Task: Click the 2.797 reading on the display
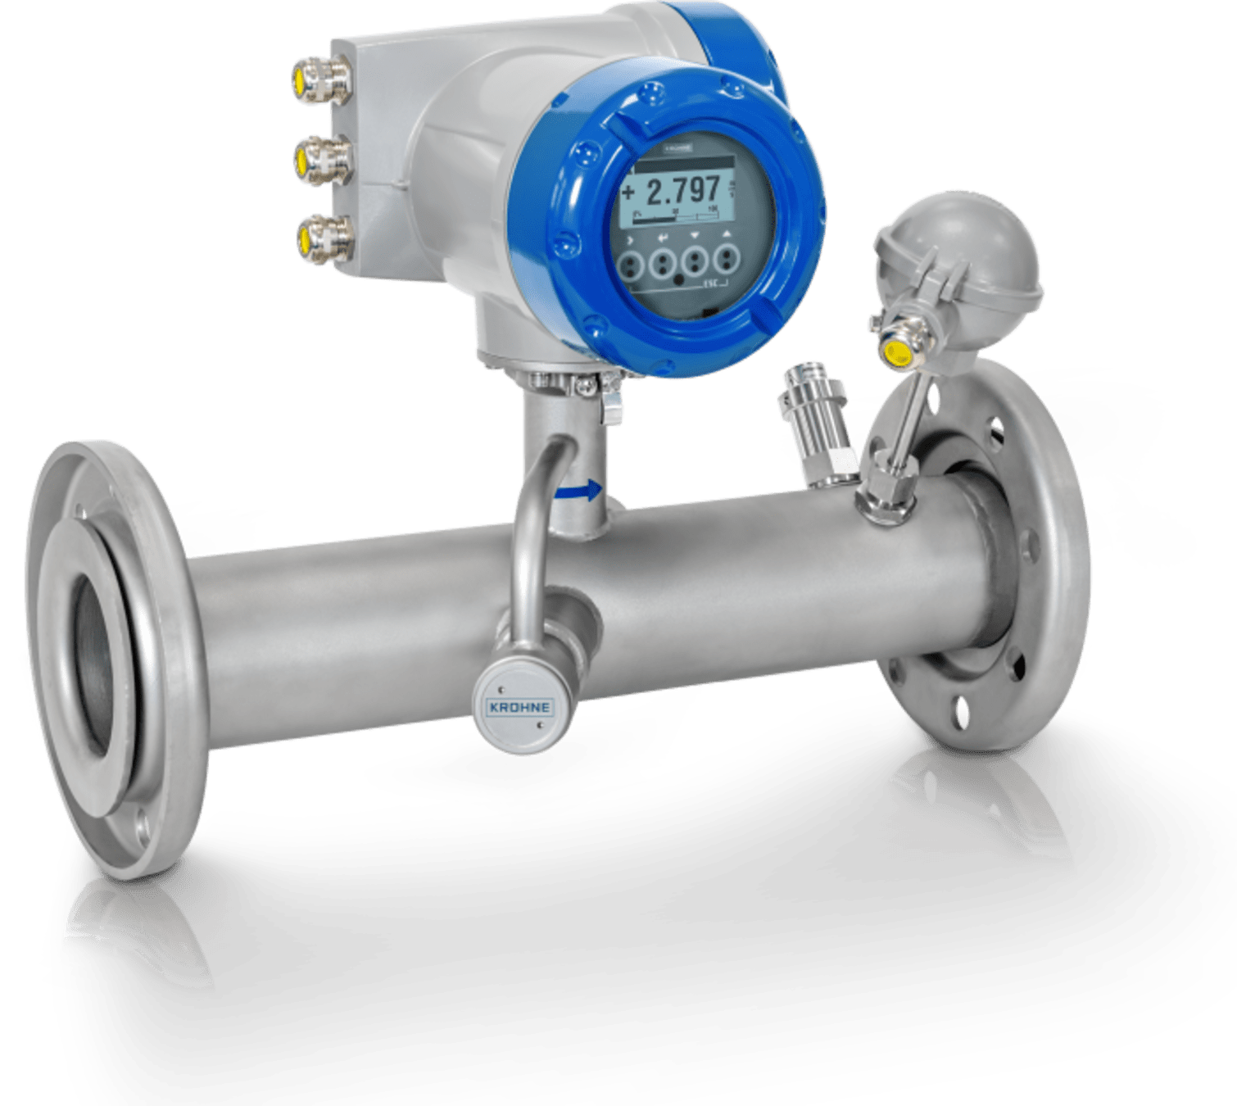point(683,192)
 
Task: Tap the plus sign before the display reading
point(628,193)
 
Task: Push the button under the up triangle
point(725,261)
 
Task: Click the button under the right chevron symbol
point(630,264)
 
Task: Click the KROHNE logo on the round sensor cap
point(518,707)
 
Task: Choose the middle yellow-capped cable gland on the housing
point(311,159)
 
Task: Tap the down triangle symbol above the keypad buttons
point(696,235)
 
